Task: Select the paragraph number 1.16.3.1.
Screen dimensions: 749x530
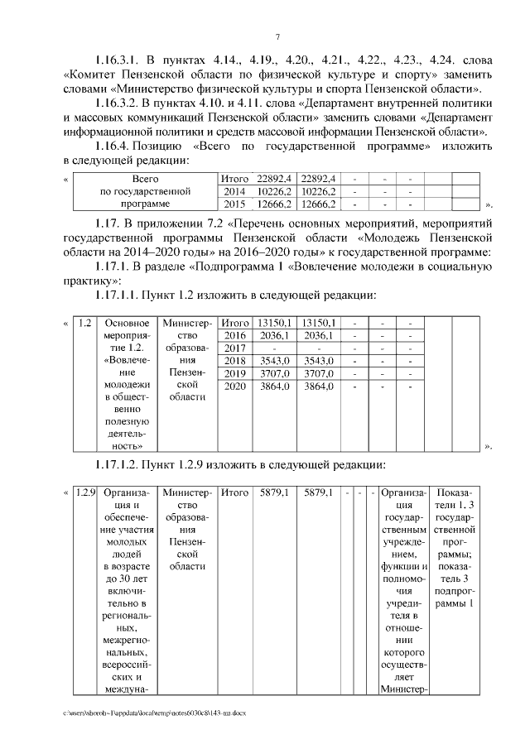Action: point(118,60)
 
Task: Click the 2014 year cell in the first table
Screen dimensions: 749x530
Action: point(234,191)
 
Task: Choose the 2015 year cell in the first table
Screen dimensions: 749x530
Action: point(234,204)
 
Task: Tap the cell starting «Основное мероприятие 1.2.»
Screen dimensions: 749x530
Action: point(127,381)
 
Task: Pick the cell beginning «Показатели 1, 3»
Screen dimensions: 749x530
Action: point(454,546)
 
